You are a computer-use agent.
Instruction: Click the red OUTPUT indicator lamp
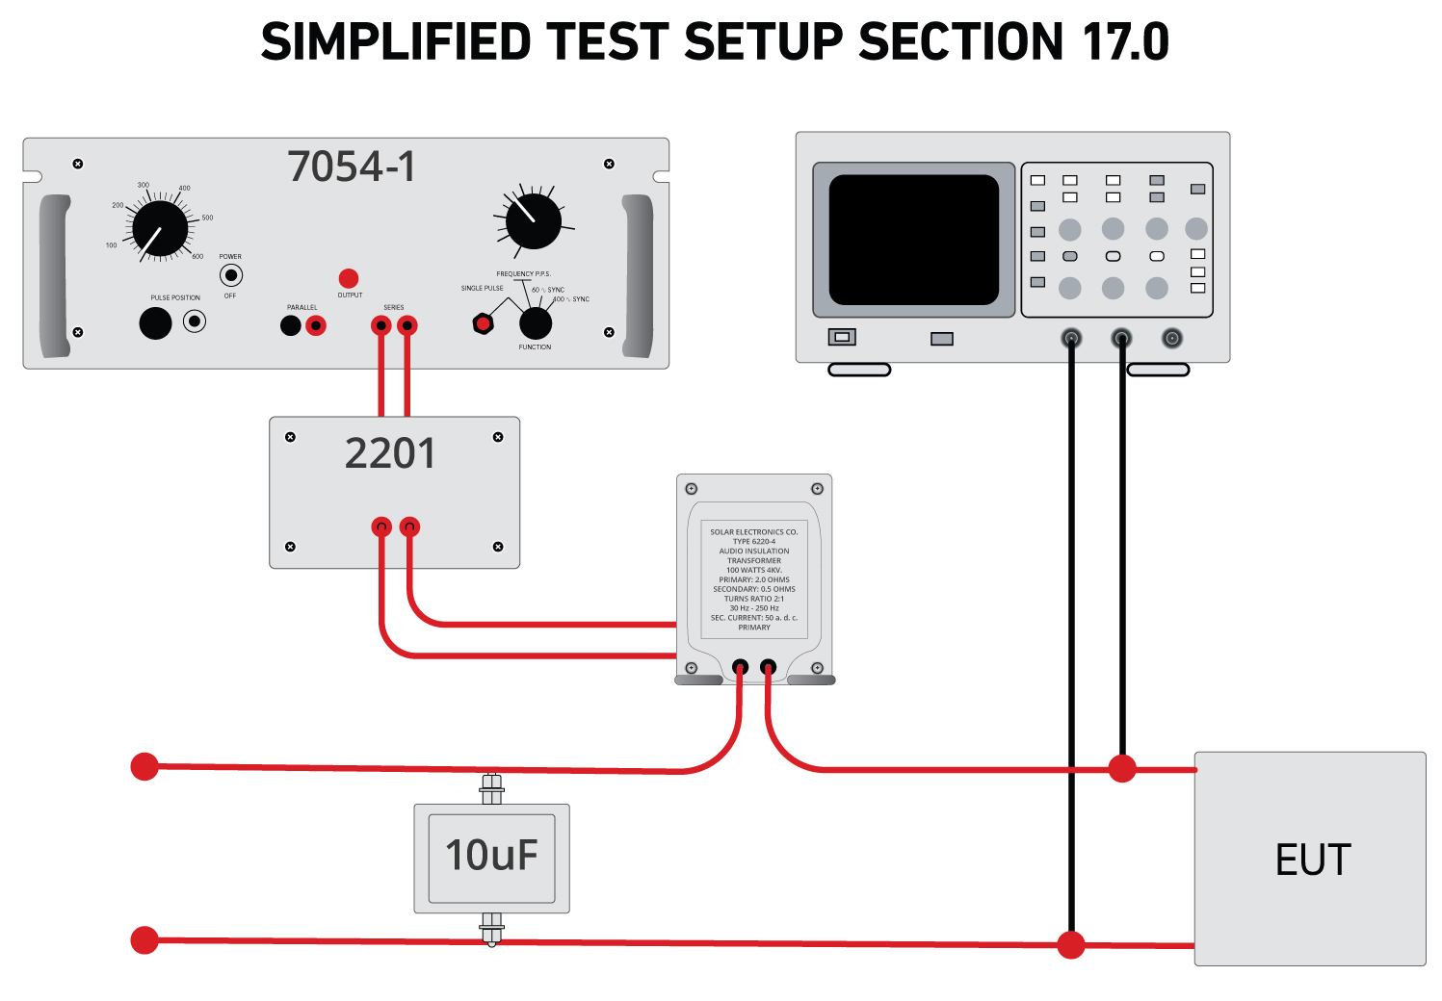pos(349,278)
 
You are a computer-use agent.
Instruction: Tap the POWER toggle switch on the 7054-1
pos(230,275)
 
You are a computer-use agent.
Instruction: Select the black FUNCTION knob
pos(536,323)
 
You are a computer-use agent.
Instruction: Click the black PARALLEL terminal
pos(290,325)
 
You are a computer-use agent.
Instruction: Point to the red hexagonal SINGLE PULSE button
pos(483,324)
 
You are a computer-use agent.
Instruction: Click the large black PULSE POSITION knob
pos(155,323)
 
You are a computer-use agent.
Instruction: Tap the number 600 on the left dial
pos(197,257)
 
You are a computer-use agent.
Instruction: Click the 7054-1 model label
pos(352,167)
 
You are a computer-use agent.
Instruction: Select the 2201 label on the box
pos(390,453)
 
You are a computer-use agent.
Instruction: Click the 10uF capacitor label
pos(491,856)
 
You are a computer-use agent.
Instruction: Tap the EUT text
pos(1313,860)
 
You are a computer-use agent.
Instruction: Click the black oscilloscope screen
pos(913,240)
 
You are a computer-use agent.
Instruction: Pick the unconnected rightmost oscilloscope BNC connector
pos(1171,338)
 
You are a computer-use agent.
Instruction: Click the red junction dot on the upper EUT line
pos(1122,768)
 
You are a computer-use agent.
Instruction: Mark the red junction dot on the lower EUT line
pos(1071,945)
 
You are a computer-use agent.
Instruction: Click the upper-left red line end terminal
pos(144,766)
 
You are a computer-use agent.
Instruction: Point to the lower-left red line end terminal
pos(144,939)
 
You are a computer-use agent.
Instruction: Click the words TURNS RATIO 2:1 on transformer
pos(754,599)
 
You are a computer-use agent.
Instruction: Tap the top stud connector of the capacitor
pos(491,789)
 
